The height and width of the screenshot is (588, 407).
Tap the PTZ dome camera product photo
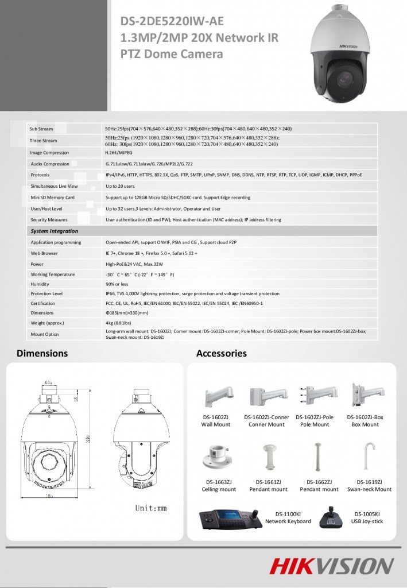[x=341, y=57]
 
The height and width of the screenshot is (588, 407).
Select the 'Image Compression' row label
[x=49, y=153]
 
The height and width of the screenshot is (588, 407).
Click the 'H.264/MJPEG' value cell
[x=119, y=153]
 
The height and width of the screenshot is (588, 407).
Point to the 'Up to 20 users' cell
[x=120, y=186]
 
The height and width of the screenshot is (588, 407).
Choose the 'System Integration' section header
[x=55, y=231]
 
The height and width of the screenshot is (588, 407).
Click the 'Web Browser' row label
[x=44, y=253]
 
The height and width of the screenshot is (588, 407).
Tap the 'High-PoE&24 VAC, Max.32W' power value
[x=134, y=264]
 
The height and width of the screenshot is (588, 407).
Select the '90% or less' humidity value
[x=117, y=284]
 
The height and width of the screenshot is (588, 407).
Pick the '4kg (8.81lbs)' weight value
[x=119, y=323]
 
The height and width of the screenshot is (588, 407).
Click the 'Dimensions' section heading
[x=42, y=353]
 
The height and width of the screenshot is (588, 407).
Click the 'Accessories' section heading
[x=221, y=353]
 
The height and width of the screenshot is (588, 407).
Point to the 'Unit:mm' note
[x=151, y=508]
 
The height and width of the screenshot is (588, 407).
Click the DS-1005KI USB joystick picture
[x=331, y=517]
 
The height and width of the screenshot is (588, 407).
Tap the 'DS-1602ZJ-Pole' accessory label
[x=314, y=417]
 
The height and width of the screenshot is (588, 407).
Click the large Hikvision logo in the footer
[x=332, y=566]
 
